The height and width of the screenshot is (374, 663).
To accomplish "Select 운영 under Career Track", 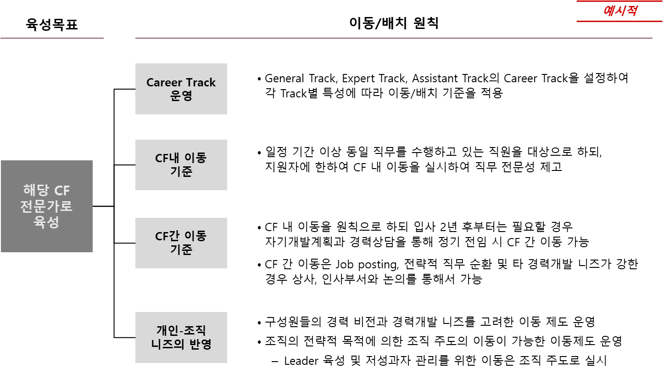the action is click(181, 96).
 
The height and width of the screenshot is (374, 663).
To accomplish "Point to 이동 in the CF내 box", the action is click(195, 158).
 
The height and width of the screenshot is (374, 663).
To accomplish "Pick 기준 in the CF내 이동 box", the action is click(181, 172).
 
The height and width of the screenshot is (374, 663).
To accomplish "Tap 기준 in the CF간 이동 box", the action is click(181, 250).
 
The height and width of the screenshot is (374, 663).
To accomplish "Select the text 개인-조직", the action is click(181, 330).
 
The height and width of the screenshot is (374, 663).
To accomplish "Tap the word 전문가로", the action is click(46, 206).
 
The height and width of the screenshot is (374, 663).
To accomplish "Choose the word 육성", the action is click(46, 222).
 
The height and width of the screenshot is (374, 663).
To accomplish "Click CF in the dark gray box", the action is click(62, 190).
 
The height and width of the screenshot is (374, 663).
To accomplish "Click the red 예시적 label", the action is click(619, 11).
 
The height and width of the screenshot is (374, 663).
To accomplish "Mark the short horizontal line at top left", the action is click(53, 39).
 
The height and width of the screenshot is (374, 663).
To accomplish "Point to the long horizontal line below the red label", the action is click(392, 39).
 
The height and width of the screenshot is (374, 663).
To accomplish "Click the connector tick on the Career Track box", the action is click(134, 90).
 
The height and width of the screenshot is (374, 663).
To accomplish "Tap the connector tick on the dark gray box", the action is click(94, 206).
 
